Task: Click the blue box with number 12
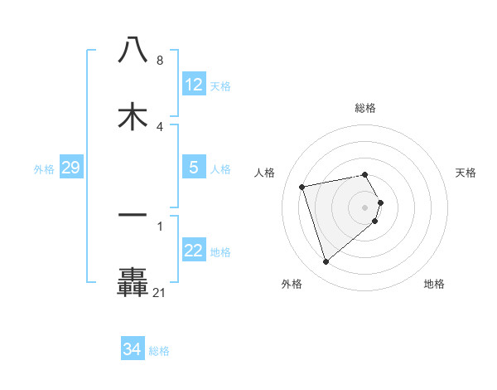point(194,85)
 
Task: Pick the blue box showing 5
point(194,168)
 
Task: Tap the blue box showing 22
point(194,251)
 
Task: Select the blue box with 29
point(70,168)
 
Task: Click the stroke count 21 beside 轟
point(159,292)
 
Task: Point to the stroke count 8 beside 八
point(159,61)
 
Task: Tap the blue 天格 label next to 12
point(220,85)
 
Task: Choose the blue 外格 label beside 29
point(44,169)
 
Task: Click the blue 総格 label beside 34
point(159,351)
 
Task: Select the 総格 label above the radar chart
point(365,108)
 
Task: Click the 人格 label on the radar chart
point(265,173)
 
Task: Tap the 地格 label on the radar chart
point(434,284)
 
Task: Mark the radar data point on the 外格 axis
point(326,262)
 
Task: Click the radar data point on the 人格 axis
point(302,186)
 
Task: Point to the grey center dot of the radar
point(365,207)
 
